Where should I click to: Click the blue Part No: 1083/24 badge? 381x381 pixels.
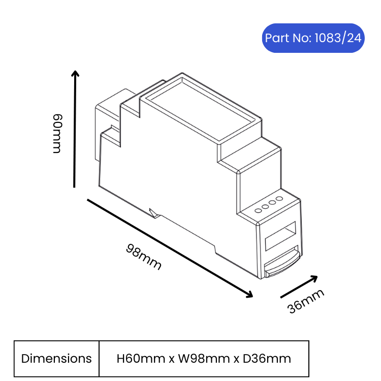click(x=313, y=38)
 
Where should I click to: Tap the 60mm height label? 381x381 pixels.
click(x=57, y=134)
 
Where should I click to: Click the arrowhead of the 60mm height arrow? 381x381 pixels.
click(x=75, y=73)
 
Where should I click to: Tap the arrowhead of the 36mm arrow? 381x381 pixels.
click(x=314, y=278)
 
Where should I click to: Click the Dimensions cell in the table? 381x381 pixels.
click(x=56, y=359)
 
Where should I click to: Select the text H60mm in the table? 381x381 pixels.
click(x=141, y=359)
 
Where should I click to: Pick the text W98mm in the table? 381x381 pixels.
click(x=204, y=359)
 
